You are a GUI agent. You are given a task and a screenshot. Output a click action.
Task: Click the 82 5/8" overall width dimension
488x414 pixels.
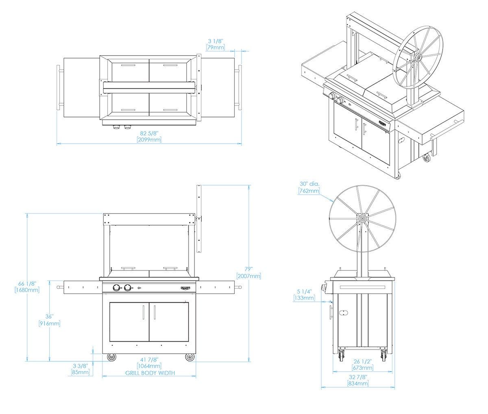pos(149,133)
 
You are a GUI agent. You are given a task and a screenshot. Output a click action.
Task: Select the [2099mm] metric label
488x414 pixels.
pos(149,139)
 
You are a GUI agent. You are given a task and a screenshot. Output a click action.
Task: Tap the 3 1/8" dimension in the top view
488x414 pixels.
pos(216,41)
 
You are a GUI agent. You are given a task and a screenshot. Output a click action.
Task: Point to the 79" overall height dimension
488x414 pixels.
pos(249,270)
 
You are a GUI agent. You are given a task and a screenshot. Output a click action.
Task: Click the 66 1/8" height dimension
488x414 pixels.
pos(27,283)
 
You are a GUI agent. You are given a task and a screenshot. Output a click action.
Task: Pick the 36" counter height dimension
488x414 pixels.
pos(50,316)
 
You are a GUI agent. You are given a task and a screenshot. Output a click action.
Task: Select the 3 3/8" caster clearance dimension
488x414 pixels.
pos(81,366)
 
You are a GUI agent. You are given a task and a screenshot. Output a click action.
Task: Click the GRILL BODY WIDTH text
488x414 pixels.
pos(150,373)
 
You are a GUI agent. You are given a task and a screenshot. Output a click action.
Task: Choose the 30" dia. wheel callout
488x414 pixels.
pos(309,184)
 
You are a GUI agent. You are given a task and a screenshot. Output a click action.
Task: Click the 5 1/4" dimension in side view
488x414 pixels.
pos(304,291)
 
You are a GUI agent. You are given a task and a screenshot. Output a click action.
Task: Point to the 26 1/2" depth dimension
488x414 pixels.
pos(362,361)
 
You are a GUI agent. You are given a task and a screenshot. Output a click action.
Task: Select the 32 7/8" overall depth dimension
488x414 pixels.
pos(358,377)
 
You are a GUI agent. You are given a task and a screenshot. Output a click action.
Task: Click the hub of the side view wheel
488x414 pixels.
pos(362,218)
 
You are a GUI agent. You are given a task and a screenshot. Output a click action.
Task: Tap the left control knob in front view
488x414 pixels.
pos(117,288)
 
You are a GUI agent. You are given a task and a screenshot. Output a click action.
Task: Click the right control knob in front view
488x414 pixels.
pos(128,288)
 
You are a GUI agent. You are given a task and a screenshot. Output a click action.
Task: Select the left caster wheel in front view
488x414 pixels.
pos(111,357)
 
